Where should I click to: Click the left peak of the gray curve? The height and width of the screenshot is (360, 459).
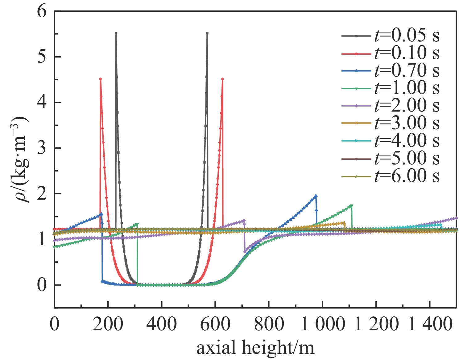click(116, 33)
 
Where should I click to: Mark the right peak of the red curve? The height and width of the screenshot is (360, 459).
click(222, 79)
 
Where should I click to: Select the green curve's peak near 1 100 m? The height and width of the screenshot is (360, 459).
click(351, 205)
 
